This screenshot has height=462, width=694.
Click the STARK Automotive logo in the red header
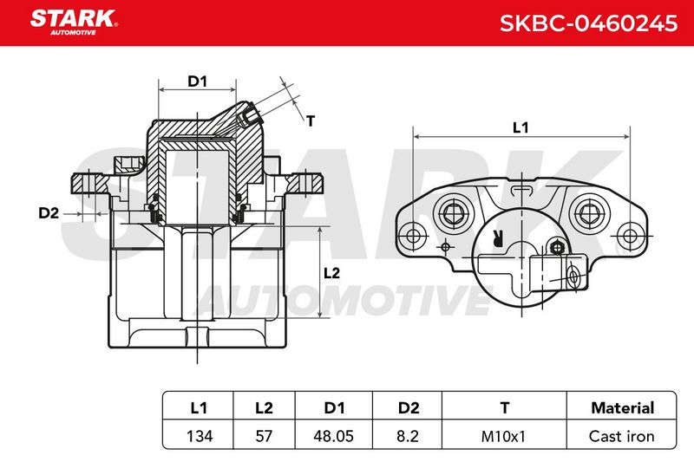[74, 23]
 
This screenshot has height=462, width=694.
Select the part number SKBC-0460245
[588, 23]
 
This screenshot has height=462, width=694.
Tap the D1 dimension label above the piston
[198, 81]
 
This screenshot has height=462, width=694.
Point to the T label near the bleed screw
[311, 120]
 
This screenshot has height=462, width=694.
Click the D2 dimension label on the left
[49, 213]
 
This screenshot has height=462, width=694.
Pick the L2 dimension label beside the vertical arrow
[331, 273]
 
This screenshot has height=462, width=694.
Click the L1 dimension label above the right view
[520, 127]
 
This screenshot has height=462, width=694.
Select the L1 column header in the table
[199, 407]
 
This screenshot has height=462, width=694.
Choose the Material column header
[622, 407]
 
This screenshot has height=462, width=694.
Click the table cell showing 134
[200, 436]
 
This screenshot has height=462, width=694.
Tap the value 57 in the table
[265, 436]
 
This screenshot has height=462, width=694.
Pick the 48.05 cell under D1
[334, 436]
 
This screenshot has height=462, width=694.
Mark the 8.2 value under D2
[408, 436]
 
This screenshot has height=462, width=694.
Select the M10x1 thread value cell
[503, 436]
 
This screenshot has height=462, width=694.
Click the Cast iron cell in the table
[621, 436]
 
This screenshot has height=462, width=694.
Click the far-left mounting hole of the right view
[413, 235]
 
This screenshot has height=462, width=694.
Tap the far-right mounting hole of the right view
[630, 235]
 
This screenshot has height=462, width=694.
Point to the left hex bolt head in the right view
[452, 214]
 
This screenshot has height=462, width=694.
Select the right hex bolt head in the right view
[588, 214]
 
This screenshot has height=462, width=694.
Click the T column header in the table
[504, 407]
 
